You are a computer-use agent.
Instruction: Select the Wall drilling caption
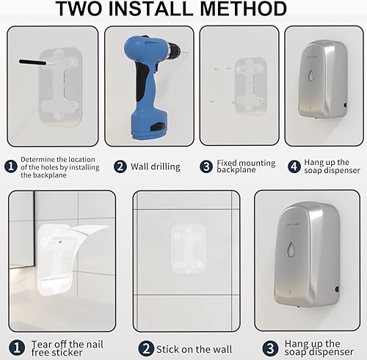(x=155, y=166)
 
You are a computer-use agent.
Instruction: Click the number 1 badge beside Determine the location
(x=10, y=166)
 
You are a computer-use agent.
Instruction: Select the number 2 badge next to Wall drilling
(x=120, y=166)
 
